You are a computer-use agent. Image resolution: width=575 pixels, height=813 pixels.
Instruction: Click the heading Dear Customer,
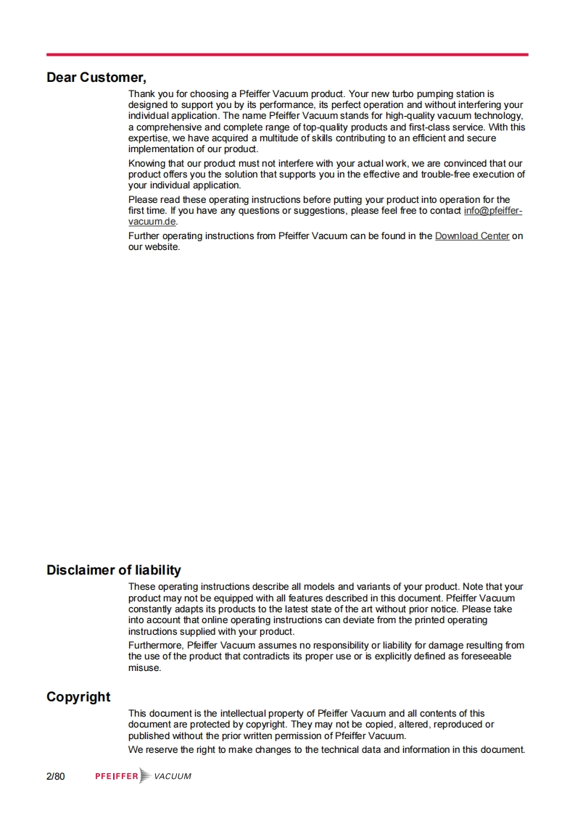96,77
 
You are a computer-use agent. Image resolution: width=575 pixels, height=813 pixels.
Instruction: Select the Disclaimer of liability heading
114,570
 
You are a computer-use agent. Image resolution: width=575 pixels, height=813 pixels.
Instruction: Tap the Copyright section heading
78,697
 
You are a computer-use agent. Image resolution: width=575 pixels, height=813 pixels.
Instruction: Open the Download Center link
472,236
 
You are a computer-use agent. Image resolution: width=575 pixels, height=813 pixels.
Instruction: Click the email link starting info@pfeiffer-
492,211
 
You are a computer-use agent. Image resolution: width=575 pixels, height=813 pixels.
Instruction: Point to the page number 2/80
56,777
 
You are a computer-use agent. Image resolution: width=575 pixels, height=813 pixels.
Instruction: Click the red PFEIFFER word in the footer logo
116,777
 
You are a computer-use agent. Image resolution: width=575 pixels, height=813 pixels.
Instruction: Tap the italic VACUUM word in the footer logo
173,777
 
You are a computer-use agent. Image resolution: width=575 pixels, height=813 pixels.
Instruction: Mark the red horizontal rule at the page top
287,54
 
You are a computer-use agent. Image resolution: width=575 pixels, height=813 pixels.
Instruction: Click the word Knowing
147,164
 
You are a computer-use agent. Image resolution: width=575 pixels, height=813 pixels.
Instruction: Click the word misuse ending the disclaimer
144,667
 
